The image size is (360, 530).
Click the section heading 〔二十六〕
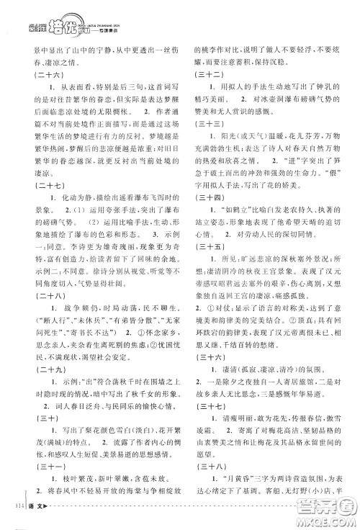(x=42, y=74)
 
